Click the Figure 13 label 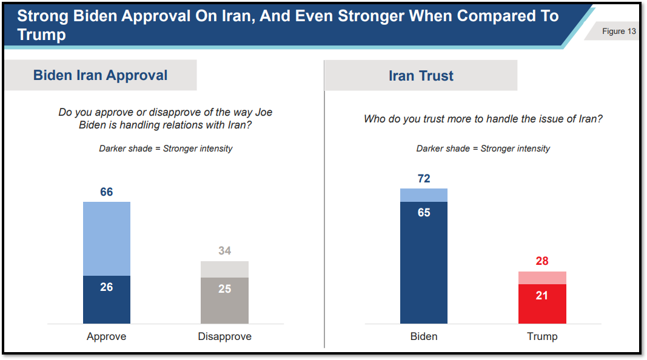619,32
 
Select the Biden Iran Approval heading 100,75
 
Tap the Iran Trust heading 421,76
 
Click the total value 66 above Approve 107,192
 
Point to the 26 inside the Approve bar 107,287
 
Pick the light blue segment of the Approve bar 107,238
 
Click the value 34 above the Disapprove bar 224,251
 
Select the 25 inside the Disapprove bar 224,289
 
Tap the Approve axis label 107,336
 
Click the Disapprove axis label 224,336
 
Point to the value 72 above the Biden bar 424,179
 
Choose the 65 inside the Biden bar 424,213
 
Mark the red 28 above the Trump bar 542,261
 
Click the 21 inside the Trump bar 542,296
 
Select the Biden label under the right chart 424,336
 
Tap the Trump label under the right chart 542,336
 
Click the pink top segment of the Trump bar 542,278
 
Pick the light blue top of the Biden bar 424,195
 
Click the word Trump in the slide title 41,35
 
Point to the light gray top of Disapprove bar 224,269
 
